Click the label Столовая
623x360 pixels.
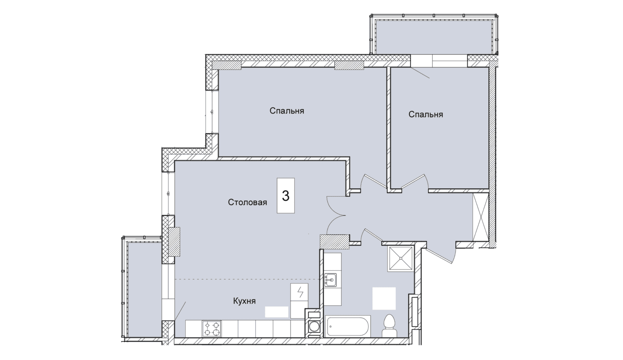point(247,202)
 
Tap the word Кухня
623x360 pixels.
point(244,301)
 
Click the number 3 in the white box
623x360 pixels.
point(286,196)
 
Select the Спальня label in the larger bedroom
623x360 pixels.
point(287,111)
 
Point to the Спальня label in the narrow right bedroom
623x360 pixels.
point(426,114)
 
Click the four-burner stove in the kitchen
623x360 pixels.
point(212,329)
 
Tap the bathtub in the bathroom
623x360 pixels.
point(348,326)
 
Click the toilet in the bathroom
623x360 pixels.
point(390,326)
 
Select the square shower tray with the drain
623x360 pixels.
point(401,258)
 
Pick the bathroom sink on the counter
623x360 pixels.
point(330,280)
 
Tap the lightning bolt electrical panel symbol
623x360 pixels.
point(299,292)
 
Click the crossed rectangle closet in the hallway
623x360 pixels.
point(481,217)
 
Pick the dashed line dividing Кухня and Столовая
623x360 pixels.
point(247,279)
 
